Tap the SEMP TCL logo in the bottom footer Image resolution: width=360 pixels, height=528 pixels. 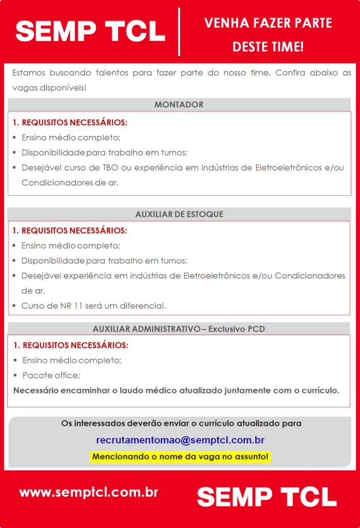click(267, 497)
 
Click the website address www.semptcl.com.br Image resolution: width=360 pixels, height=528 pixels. click(89, 492)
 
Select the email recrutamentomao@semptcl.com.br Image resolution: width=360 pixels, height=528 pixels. click(180, 440)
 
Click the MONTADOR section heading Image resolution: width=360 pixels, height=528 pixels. click(179, 105)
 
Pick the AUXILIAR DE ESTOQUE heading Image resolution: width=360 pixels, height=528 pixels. click(179, 214)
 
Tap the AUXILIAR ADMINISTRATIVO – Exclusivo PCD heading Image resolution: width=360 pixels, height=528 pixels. click(178, 328)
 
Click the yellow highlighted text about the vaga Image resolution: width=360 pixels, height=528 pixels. click(180, 456)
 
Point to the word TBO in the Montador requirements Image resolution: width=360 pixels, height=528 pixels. click(110, 168)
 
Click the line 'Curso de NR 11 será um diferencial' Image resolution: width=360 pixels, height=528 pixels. click(93, 306)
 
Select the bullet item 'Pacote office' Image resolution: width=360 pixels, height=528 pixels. click(51, 375)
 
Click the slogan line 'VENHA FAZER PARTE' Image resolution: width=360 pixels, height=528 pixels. click(268, 23)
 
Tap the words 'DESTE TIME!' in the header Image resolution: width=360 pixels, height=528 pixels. click(268, 47)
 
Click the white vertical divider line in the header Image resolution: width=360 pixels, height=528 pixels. click(179, 32)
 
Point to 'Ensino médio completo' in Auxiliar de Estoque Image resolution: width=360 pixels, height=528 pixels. click(71, 245)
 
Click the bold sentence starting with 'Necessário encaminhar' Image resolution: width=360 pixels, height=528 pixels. click(176, 390)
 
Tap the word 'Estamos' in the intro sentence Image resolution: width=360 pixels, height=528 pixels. click(28, 73)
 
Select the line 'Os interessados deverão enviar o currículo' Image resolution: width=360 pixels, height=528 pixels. click(181, 423)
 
